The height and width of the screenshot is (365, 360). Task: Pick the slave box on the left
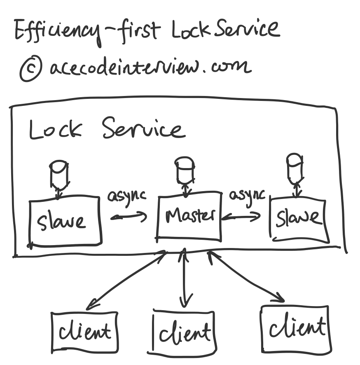(65, 221)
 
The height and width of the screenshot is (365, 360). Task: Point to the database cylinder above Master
(184, 168)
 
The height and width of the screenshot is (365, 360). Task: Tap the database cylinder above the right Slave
(295, 167)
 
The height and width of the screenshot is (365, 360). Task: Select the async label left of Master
(127, 195)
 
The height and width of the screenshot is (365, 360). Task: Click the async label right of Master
(248, 194)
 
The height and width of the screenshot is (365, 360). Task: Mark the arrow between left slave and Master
(129, 216)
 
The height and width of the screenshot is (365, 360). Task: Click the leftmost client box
(84, 330)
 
